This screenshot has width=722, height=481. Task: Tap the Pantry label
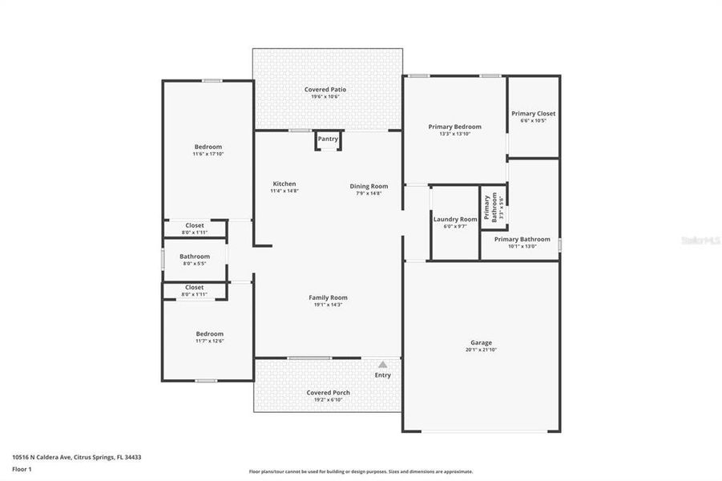pos(328,139)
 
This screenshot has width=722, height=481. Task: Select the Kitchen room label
pos(284,184)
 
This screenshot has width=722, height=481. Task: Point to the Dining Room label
pos(369,186)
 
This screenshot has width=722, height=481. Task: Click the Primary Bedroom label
pos(454,127)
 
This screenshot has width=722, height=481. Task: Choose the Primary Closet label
pos(533,114)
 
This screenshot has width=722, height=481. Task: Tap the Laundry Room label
pos(455,219)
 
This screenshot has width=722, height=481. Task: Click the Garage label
pos(481,342)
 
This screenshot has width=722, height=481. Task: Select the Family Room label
pos(328,297)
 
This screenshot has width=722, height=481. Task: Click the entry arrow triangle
pos(383,365)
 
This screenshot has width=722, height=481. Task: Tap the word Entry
pos(383,375)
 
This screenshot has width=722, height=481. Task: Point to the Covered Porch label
pos(328,392)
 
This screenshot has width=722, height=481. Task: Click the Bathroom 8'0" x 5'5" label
pos(196,257)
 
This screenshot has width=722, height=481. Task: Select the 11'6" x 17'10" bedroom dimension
pos(208,154)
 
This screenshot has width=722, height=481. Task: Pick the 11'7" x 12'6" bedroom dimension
pos(209,341)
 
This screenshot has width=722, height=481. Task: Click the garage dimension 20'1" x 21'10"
pos(481,350)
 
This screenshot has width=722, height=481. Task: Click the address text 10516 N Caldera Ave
pos(43,457)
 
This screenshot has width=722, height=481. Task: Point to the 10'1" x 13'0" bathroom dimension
pos(522,246)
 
